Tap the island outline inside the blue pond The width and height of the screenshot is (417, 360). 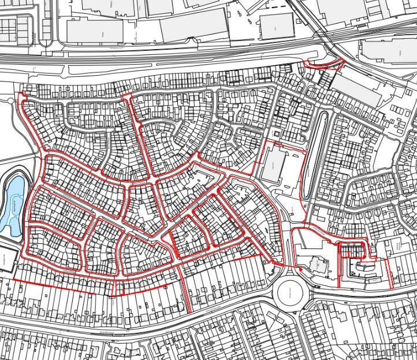(16, 206)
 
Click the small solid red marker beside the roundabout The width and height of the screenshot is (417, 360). (300, 269)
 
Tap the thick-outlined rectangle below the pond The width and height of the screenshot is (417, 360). (7, 257)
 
